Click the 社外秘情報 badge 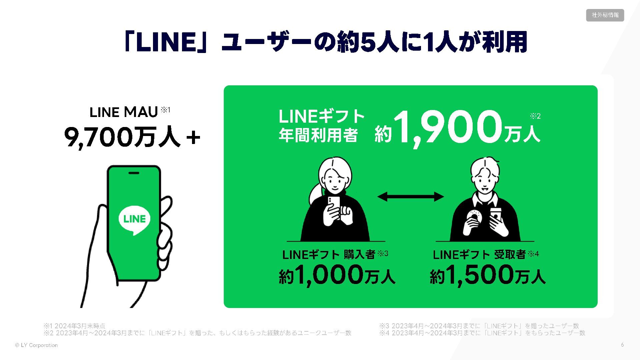click(605, 15)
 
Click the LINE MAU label click(124, 112)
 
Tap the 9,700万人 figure click(123, 137)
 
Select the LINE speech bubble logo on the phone click(134, 220)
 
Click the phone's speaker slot click(134, 173)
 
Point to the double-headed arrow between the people click(411, 197)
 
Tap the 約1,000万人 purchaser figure click(337, 275)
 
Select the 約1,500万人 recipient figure click(487, 275)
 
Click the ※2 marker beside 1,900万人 click(535, 116)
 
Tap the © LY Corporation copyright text click(36, 345)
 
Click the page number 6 click(622, 345)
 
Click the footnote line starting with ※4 click(482, 333)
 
